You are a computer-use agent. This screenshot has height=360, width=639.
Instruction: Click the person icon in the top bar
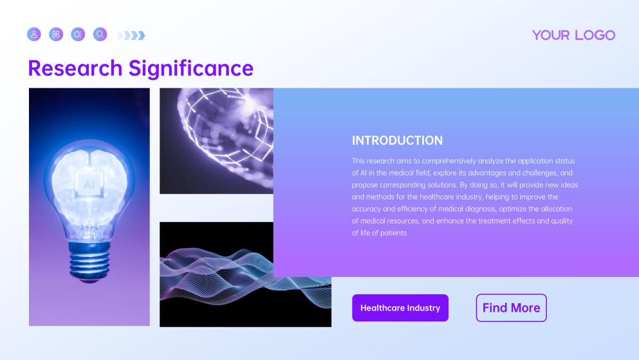coord(34,34)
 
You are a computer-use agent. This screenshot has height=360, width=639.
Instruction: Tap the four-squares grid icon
coord(56,34)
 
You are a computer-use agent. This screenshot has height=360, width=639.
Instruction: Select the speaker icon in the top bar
coord(78,34)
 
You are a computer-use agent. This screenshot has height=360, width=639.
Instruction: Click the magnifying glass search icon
coord(100,34)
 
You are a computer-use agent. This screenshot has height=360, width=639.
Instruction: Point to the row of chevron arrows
coord(131,35)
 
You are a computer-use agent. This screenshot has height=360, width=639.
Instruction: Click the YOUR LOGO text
coord(573,35)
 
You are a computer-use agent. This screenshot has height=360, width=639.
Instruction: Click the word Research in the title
coord(75,68)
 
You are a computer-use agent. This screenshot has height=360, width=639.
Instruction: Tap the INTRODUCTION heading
coord(397,140)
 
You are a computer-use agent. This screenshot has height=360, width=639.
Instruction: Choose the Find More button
coord(511,308)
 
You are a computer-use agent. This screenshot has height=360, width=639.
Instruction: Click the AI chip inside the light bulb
coord(88,184)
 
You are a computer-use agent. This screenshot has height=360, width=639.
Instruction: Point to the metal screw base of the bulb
coord(89,260)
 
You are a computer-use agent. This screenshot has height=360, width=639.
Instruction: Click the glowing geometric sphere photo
coord(216,140)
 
